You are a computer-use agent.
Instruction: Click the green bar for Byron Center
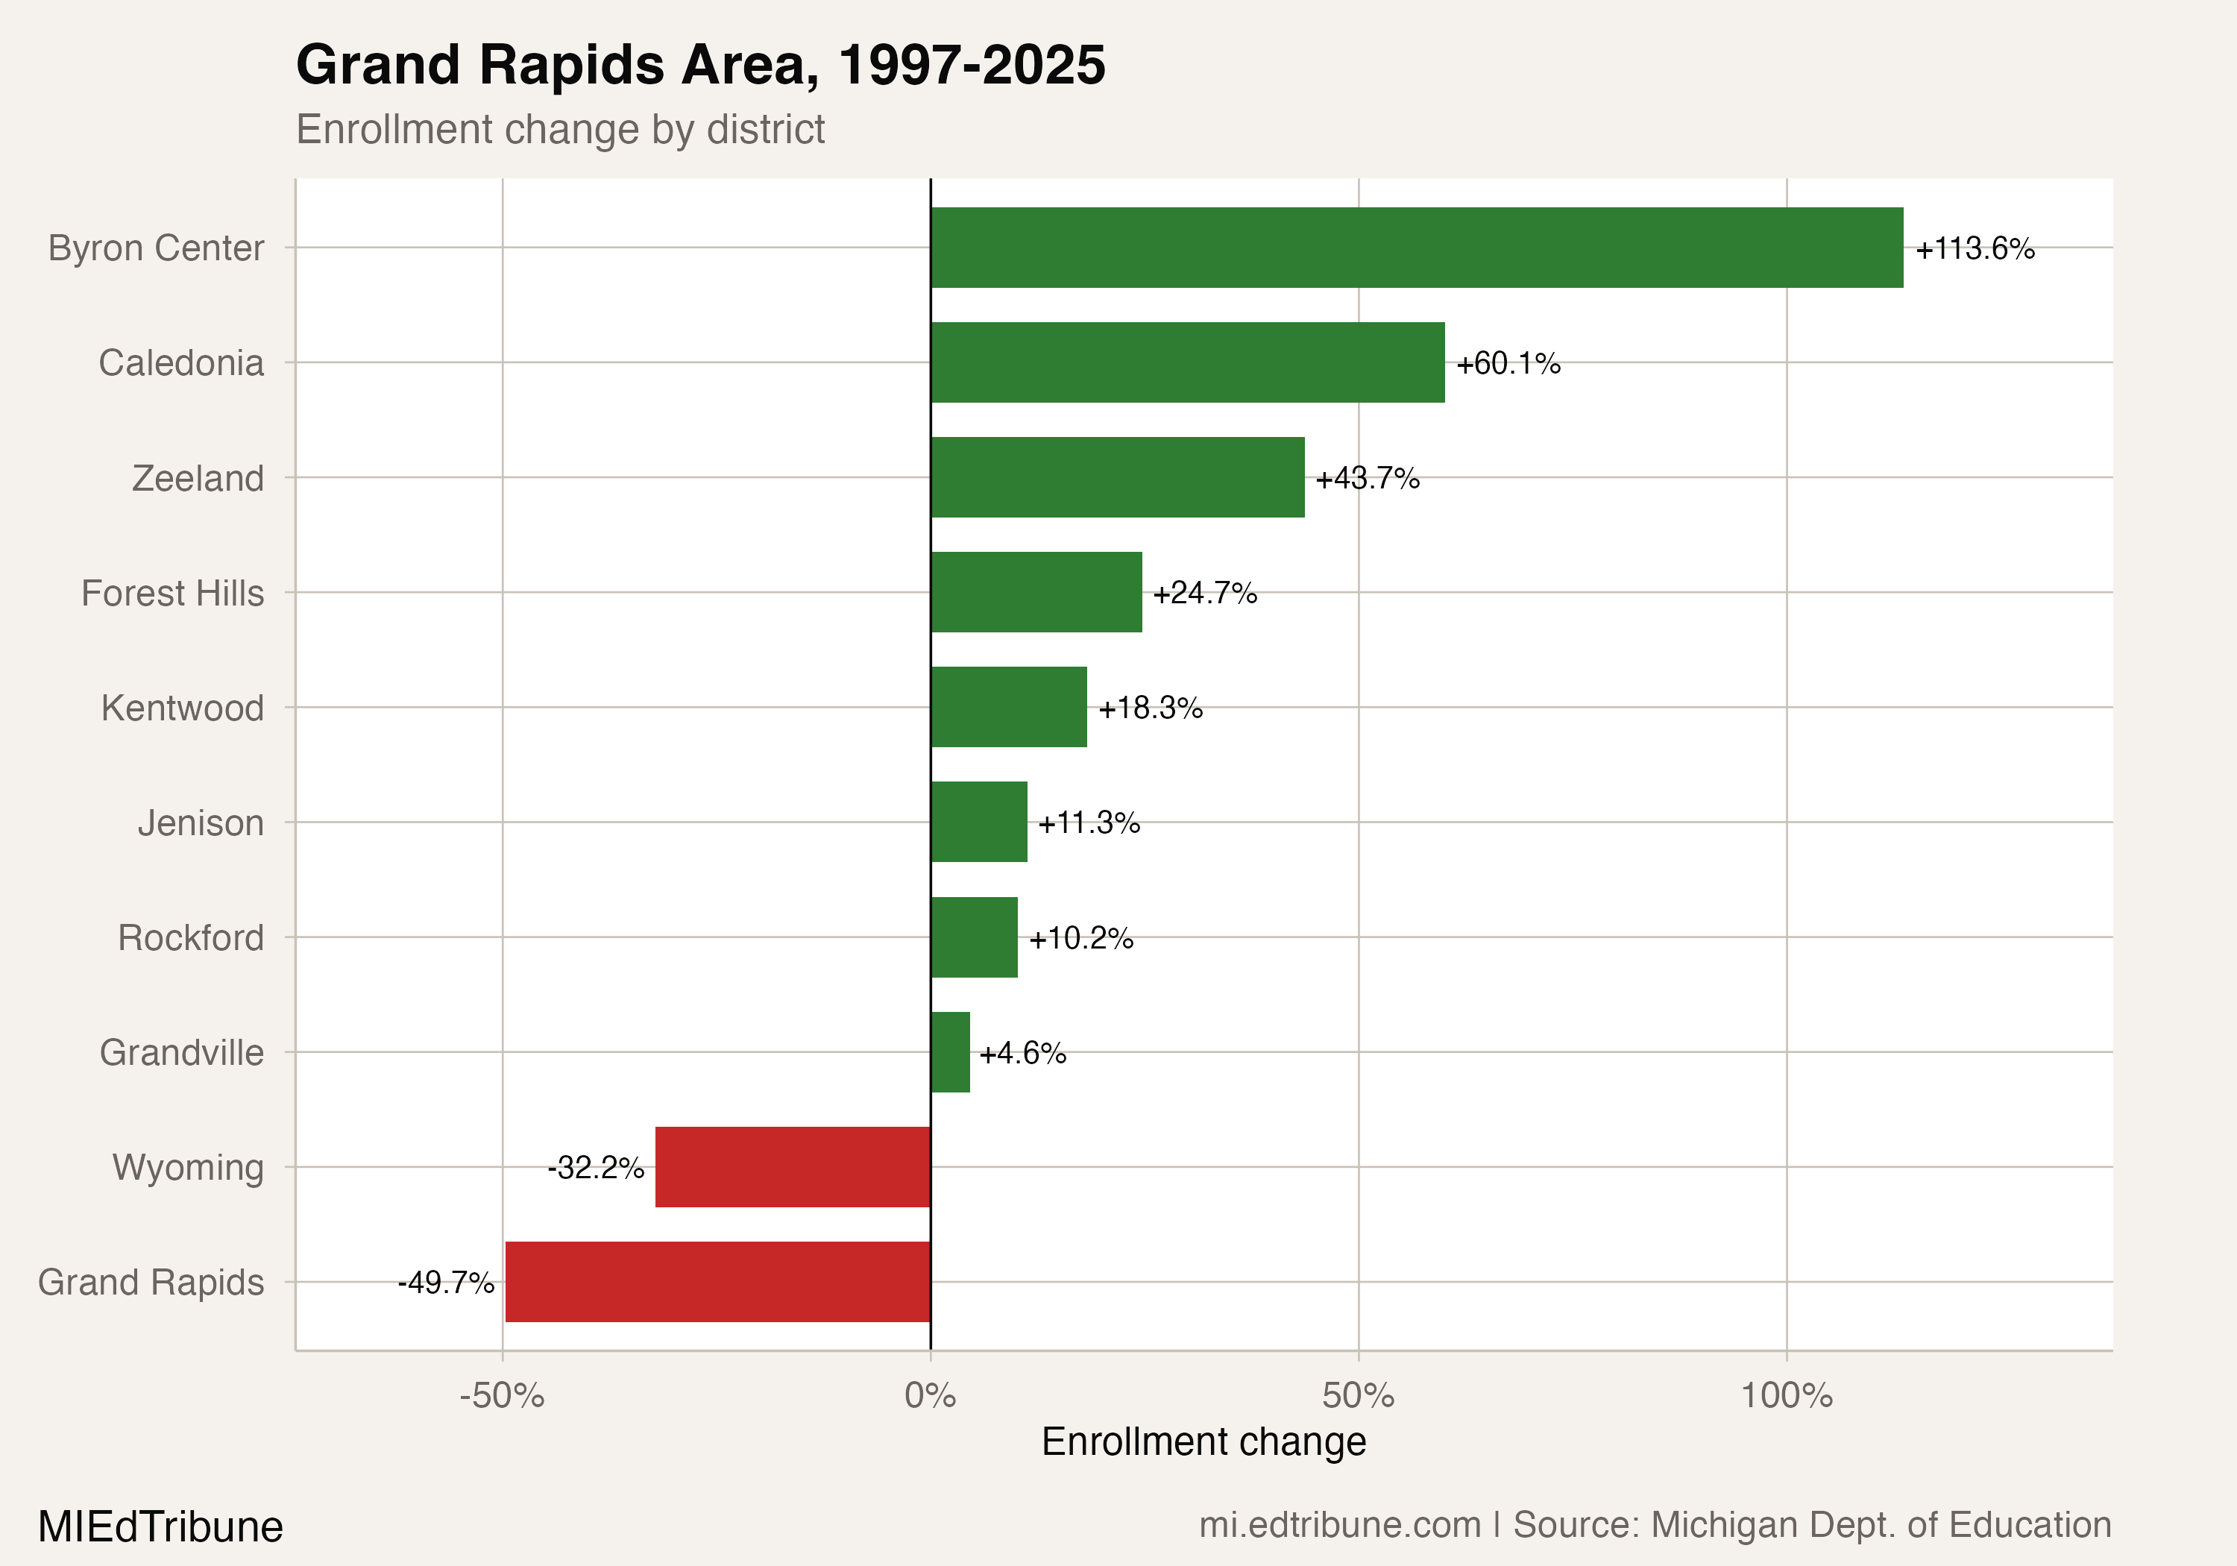(x=1416, y=248)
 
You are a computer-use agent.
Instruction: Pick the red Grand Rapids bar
(x=717, y=1281)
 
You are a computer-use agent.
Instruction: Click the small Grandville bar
(x=950, y=1051)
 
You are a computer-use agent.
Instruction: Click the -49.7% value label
(x=446, y=1283)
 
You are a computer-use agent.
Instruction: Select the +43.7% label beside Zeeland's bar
(x=1367, y=479)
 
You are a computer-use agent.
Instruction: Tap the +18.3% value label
(x=1150, y=708)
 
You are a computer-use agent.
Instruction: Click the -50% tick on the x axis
(x=502, y=1395)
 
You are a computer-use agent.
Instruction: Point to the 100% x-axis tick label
(x=1786, y=1395)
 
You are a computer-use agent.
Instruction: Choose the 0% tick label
(x=930, y=1395)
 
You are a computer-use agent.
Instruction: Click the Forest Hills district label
(x=172, y=593)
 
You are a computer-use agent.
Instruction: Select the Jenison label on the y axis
(x=201, y=823)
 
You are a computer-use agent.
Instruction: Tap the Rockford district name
(x=191, y=937)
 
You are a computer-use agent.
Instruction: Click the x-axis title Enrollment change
(x=1204, y=1441)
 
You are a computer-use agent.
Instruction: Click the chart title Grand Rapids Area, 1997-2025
(x=699, y=66)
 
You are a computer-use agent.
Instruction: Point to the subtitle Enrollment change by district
(x=560, y=130)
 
